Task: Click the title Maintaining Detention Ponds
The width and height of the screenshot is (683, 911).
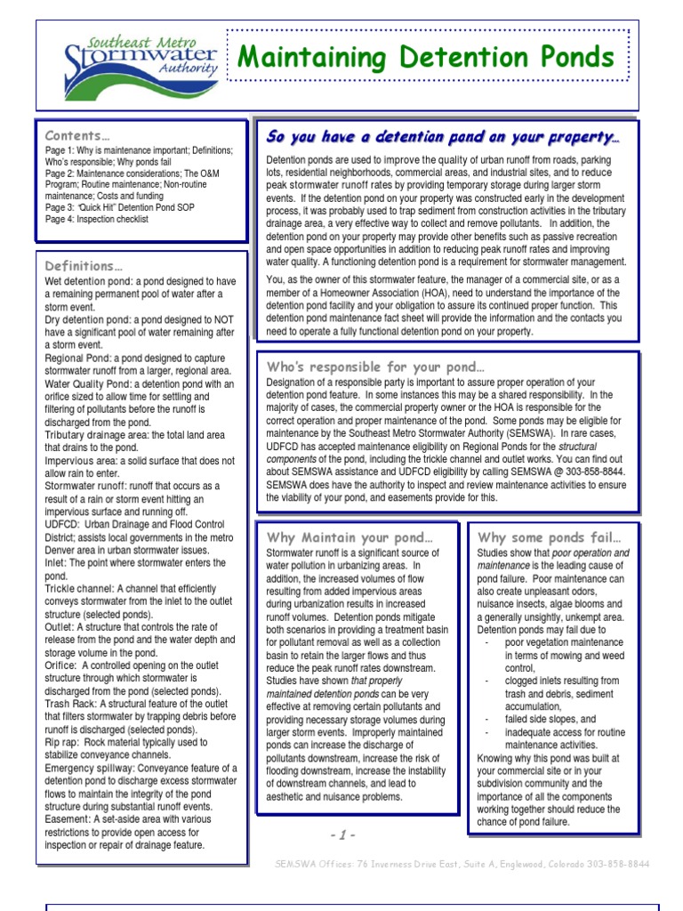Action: click(426, 58)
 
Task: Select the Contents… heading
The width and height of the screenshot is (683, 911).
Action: click(77, 136)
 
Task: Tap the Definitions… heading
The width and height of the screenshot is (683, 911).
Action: click(84, 266)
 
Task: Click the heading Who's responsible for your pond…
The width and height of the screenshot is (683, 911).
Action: click(376, 367)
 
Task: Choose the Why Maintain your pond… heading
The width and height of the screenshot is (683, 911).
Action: click(350, 537)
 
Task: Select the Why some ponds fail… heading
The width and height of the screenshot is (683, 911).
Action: click(549, 537)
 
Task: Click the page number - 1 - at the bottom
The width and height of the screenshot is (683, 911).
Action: click(342, 834)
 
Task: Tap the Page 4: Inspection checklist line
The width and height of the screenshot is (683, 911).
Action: click(97, 219)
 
